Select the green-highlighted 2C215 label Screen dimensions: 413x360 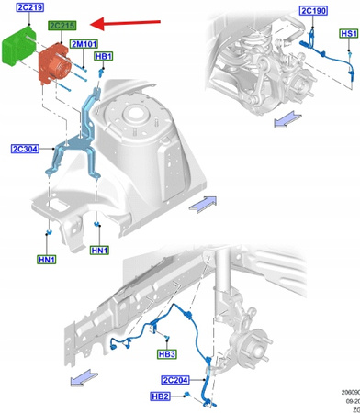pos(63,28)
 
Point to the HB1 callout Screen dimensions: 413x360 pos(103,57)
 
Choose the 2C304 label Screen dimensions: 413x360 pos(25,149)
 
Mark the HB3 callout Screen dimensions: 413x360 pos(165,353)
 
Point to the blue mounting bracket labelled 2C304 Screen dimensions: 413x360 pos(75,147)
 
